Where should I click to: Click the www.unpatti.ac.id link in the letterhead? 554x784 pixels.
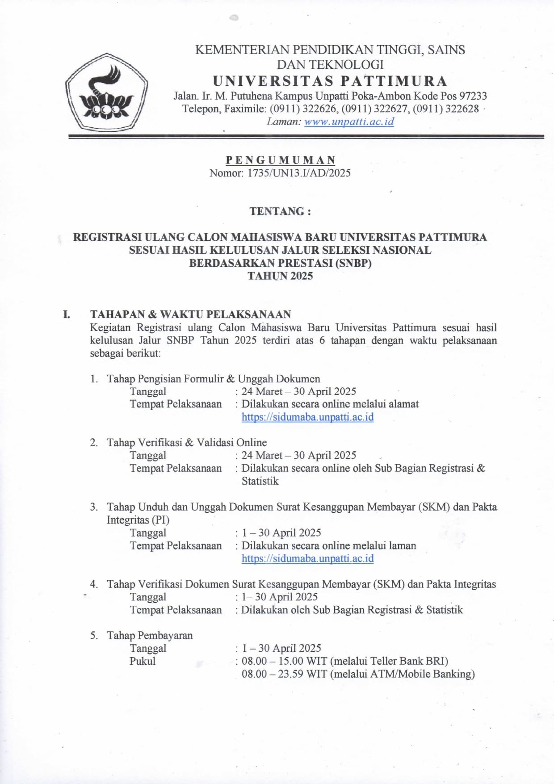click(x=349, y=122)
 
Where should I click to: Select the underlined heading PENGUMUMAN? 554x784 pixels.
click(x=280, y=160)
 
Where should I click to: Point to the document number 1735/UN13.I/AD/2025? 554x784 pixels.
click(x=299, y=173)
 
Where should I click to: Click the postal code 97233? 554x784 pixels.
click(x=473, y=96)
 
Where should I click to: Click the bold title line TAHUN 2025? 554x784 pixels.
click(x=280, y=276)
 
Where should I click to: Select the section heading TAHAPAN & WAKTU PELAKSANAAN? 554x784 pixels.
click(x=190, y=314)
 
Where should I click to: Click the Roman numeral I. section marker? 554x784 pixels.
click(x=66, y=314)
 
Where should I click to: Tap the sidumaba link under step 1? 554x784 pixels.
click(x=307, y=417)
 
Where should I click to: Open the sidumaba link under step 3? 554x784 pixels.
click(x=307, y=558)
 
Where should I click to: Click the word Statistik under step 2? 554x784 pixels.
click(x=260, y=481)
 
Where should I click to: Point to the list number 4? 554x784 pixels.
click(x=93, y=584)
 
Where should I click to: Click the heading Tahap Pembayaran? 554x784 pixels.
click(x=150, y=635)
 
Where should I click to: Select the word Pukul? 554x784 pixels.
click(x=143, y=661)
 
